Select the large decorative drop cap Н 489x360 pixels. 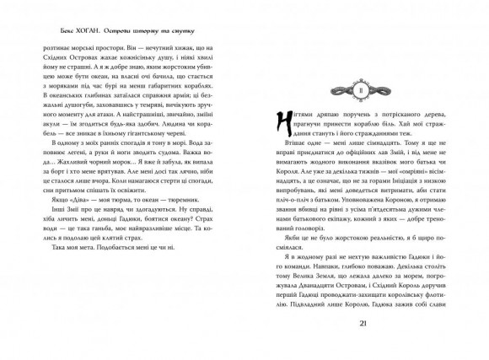[260, 126]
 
